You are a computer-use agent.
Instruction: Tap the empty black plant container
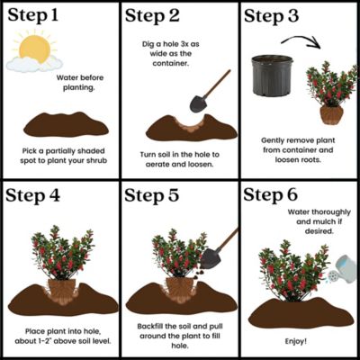[271, 76]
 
